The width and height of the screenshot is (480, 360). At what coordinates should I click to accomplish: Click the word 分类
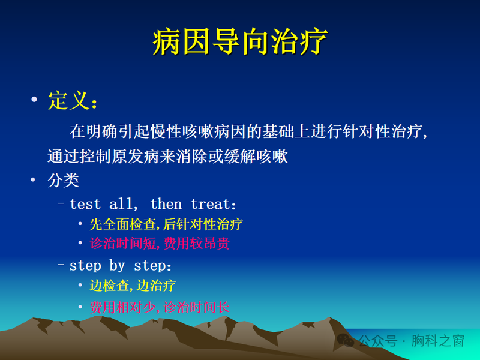click(64, 181)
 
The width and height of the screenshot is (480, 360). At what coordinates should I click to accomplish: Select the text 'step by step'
click(121, 265)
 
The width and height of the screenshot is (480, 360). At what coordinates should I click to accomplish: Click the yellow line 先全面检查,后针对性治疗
click(166, 224)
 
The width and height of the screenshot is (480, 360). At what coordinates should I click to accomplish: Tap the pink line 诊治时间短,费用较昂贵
click(160, 244)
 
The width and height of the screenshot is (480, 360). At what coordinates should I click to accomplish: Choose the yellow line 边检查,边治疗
click(133, 286)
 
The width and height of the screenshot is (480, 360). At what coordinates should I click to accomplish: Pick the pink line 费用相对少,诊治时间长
click(160, 307)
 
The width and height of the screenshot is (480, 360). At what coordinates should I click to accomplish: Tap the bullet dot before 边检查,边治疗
click(80, 286)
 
